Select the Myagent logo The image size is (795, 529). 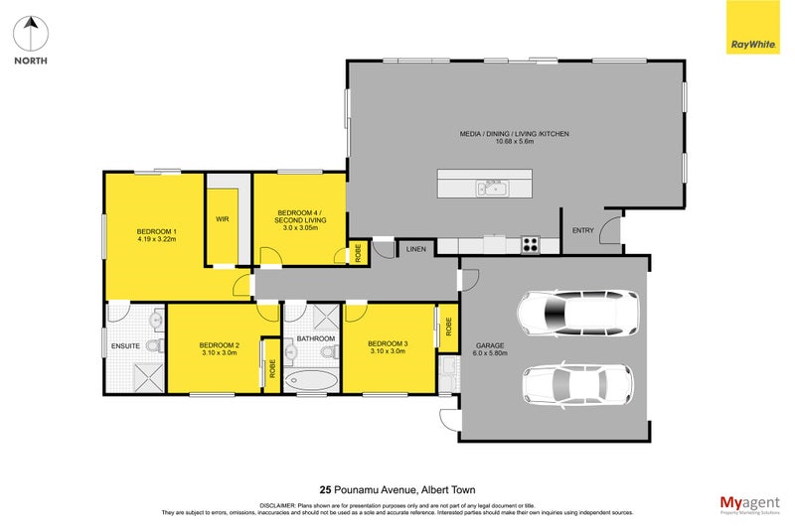[750, 503]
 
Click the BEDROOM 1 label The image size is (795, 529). [157, 232]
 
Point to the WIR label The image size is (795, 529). [223, 220]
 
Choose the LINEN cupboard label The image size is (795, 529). [416, 249]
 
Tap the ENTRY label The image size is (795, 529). [582, 230]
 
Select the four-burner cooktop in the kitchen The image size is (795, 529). [531, 243]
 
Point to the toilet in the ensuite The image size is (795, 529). [154, 345]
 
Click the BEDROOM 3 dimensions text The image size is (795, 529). [389, 350]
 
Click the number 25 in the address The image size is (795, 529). [325, 488]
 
